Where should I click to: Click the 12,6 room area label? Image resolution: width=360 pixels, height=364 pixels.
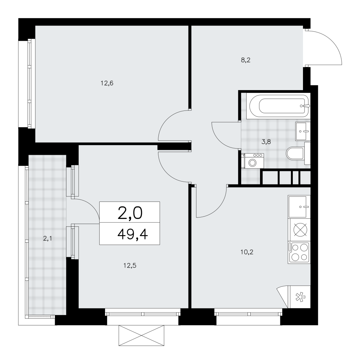(x=107, y=83)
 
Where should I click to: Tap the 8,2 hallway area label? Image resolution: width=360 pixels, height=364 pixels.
(x=245, y=60)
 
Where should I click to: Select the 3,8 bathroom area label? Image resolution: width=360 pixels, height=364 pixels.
(x=266, y=142)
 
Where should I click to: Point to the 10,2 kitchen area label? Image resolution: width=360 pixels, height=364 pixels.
(x=247, y=252)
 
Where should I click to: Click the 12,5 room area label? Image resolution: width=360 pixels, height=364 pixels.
(x=130, y=265)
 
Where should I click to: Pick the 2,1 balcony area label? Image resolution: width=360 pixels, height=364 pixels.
(x=47, y=238)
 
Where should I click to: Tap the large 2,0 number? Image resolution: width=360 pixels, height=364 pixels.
(x=130, y=213)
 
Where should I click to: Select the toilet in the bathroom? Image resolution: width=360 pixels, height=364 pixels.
(x=298, y=153)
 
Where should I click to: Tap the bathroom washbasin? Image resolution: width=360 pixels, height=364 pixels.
(x=303, y=131)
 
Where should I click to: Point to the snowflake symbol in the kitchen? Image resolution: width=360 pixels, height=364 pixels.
(x=300, y=297)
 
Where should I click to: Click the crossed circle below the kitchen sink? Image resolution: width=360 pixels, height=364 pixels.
(x=301, y=230)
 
